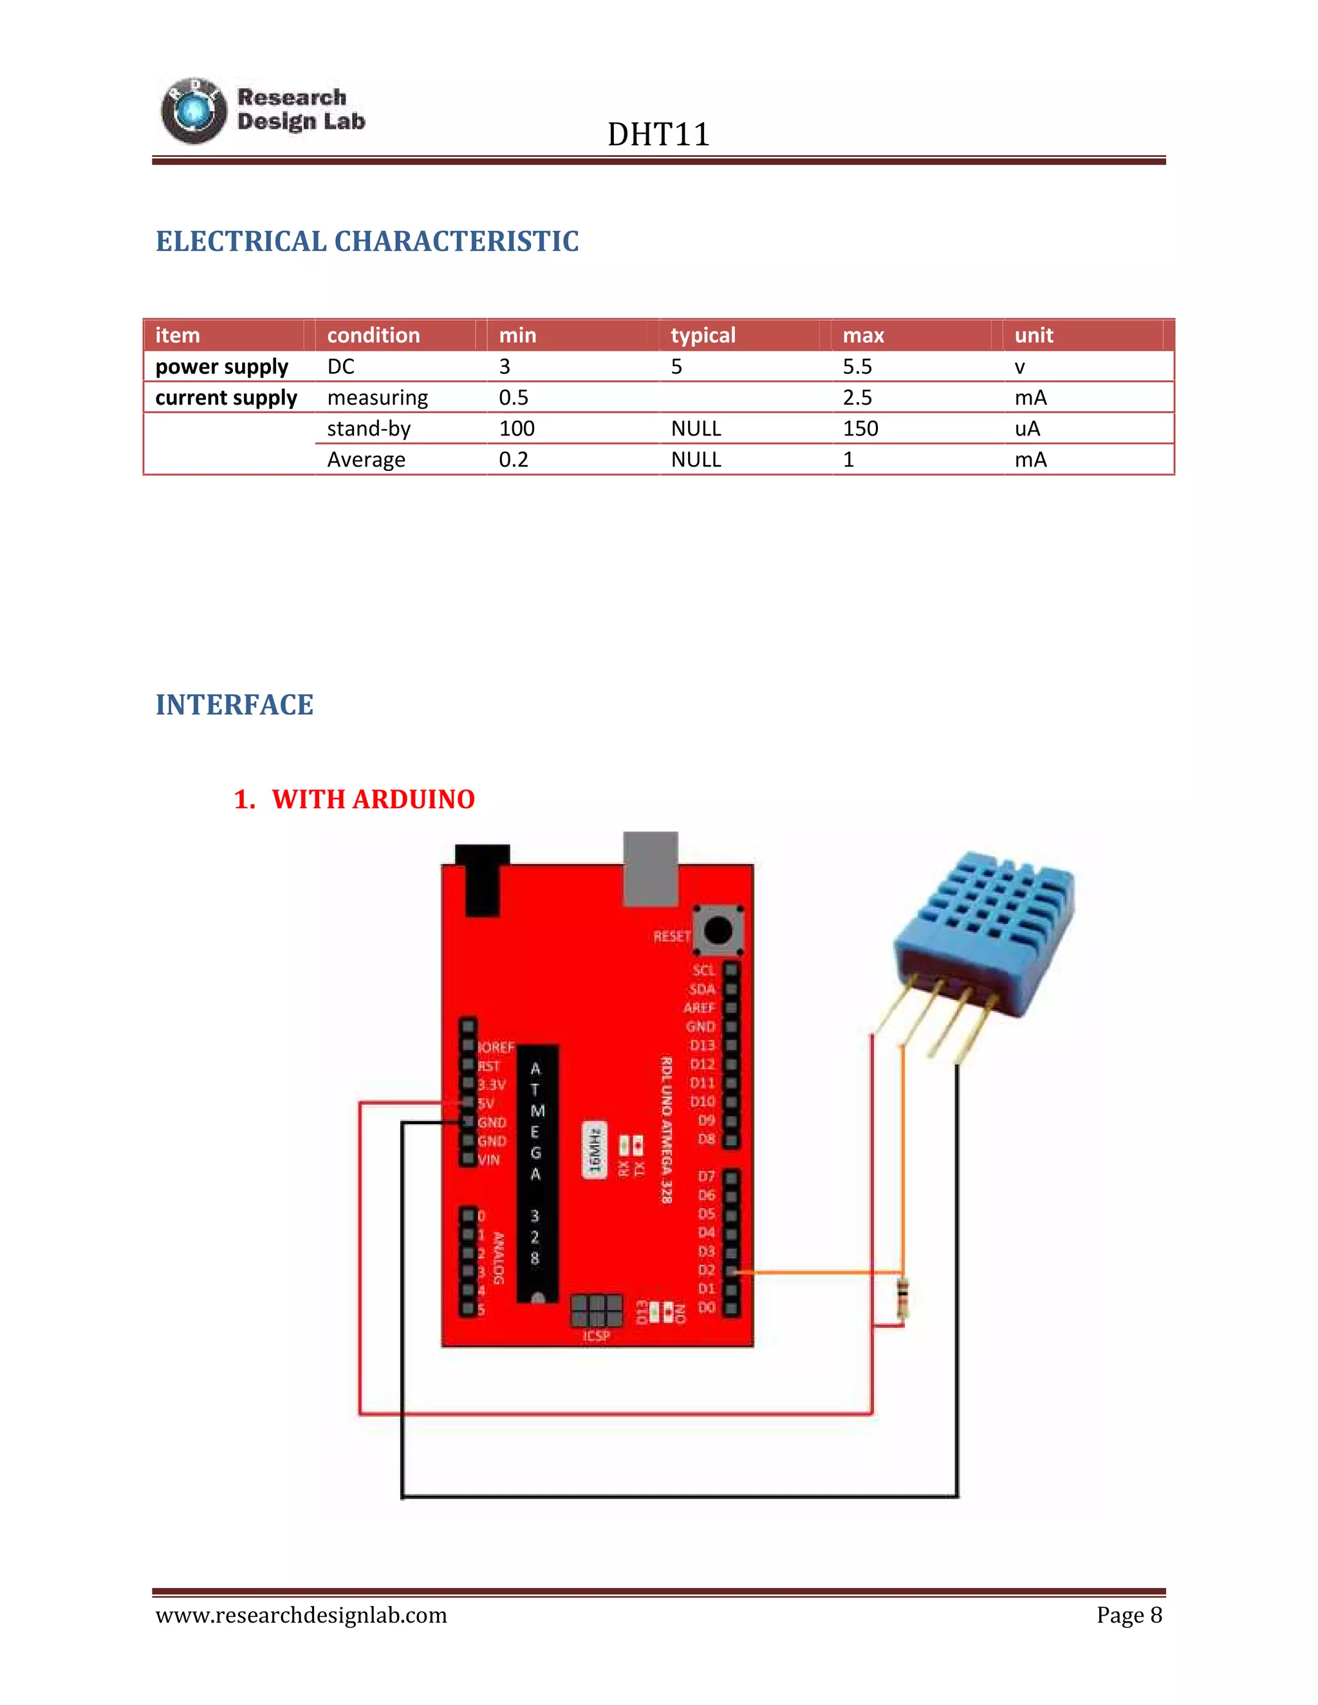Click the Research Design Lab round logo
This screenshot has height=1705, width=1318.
tap(193, 111)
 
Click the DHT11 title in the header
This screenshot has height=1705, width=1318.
tap(658, 134)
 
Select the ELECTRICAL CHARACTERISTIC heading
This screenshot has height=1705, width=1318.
tap(367, 241)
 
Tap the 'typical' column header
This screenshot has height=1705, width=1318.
tap(703, 335)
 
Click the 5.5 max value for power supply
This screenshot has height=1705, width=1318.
tap(857, 366)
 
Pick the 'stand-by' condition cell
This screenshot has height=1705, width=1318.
tap(369, 429)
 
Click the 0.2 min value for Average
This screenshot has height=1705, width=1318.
tap(513, 460)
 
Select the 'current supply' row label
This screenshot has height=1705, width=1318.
tap(226, 398)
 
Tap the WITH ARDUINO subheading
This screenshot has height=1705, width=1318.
tap(373, 799)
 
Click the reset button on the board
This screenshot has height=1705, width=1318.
tap(718, 930)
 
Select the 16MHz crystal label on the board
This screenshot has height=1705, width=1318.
tap(594, 1150)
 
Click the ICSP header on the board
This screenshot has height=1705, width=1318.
tap(597, 1311)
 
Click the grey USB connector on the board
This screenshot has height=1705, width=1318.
tap(651, 867)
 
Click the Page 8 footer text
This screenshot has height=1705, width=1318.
tap(1128, 1614)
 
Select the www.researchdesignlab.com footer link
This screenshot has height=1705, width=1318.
tap(301, 1614)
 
